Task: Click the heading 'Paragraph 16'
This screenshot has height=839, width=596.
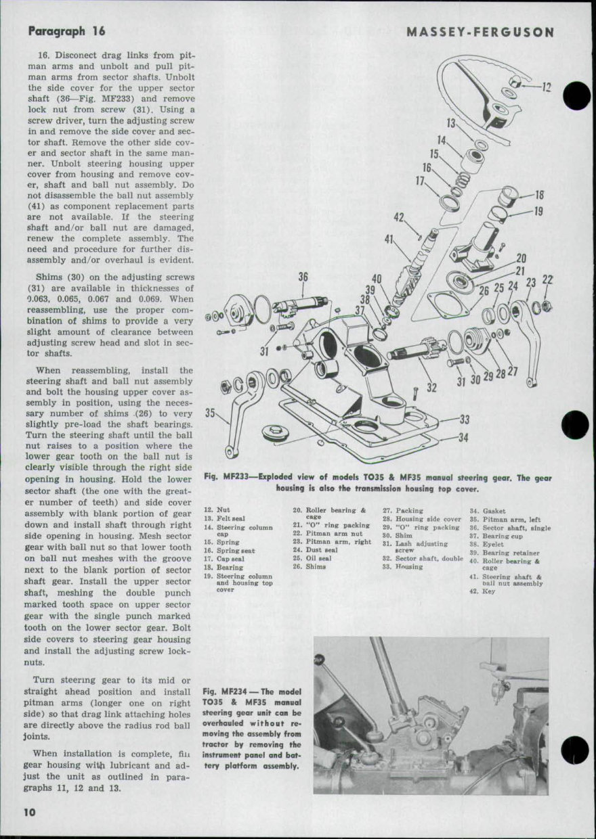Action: [66, 31]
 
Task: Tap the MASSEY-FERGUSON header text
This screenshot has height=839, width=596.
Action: [480, 32]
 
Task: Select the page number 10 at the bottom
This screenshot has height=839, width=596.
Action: [29, 812]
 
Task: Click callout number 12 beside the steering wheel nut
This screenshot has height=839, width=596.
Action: [547, 87]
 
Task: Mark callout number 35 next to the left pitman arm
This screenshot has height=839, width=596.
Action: [211, 413]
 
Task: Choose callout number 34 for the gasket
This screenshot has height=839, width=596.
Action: [463, 438]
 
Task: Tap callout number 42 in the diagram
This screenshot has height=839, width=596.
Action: [400, 217]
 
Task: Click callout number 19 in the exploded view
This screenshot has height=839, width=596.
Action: [539, 211]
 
